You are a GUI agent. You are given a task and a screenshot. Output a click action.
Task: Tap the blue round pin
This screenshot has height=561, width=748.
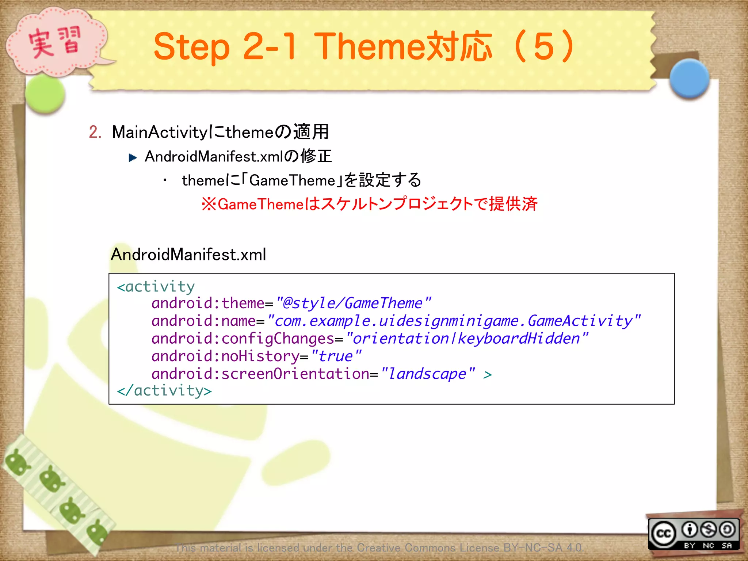(x=689, y=79)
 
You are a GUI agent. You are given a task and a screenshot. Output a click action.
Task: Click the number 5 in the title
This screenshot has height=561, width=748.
(x=544, y=47)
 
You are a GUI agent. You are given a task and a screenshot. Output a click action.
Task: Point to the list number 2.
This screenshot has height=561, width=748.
(x=95, y=132)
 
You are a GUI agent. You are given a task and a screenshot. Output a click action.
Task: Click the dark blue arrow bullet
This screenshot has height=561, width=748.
(x=133, y=157)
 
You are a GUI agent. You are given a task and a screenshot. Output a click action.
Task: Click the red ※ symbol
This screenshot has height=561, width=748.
(x=209, y=204)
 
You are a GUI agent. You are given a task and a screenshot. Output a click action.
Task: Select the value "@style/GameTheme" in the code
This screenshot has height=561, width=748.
(x=353, y=303)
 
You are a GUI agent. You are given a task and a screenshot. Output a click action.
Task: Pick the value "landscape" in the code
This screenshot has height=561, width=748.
(x=427, y=374)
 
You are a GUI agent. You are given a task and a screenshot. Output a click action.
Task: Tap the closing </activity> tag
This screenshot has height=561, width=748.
(x=164, y=390)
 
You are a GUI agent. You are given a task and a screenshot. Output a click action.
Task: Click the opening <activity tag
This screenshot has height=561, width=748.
(x=156, y=287)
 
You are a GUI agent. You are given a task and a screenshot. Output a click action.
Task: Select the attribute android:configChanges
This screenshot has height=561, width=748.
(x=243, y=339)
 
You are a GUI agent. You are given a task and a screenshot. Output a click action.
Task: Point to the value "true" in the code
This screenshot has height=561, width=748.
(x=336, y=356)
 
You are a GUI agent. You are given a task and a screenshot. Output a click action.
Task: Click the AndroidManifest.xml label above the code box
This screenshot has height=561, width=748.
(x=188, y=255)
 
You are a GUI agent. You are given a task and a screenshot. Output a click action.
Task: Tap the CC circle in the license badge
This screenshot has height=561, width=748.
(x=663, y=534)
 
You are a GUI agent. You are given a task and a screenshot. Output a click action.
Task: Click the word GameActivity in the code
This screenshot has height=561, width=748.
(x=580, y=321)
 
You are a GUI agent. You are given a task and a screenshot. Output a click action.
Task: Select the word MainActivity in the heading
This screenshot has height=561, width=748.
(x=160, y=132)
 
